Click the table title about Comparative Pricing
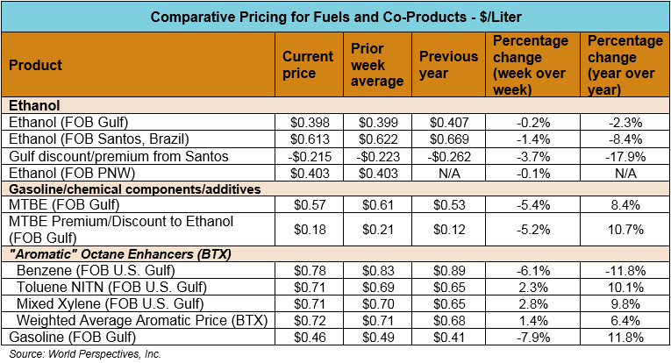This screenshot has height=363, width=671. [334, 17]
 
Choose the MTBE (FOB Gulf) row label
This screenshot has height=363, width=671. [54, 204]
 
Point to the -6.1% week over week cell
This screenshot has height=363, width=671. [532, 270]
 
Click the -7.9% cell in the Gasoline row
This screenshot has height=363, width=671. [532, 337]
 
